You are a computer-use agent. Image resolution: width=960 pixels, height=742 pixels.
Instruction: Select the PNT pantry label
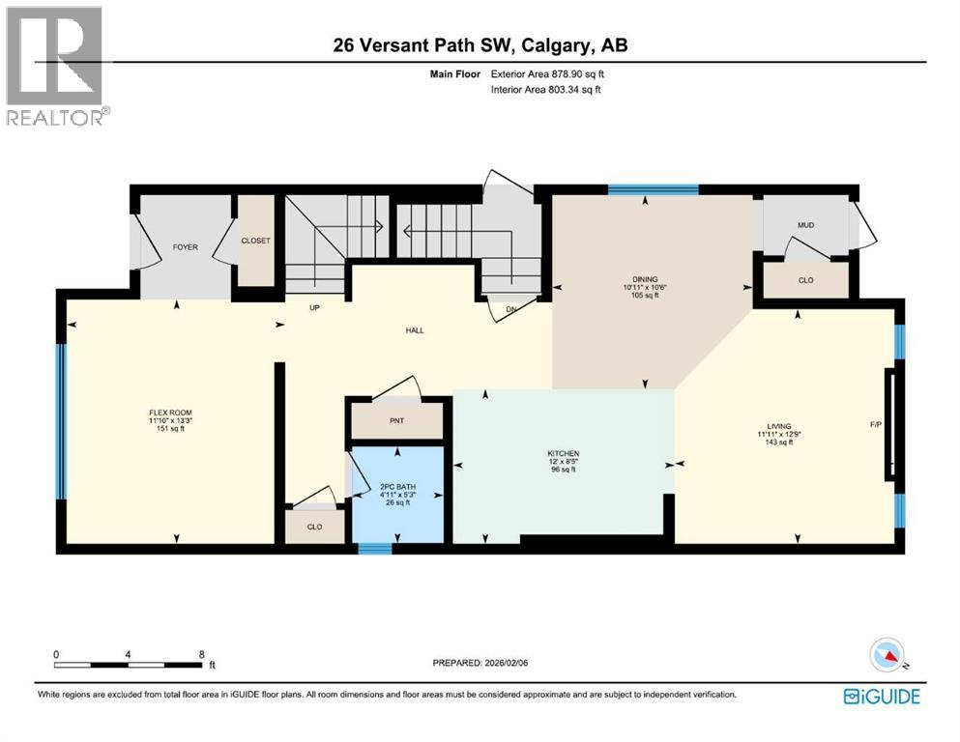coord(397,422)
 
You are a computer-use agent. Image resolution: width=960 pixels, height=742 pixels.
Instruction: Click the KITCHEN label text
coord(562,453)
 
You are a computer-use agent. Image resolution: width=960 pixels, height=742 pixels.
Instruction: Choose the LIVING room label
coord(778,426)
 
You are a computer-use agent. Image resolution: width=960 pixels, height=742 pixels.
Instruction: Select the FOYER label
coord(185,247)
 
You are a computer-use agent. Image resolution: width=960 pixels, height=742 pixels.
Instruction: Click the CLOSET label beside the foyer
coord(255,241)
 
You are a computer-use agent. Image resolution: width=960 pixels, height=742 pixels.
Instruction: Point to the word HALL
coord(415,330)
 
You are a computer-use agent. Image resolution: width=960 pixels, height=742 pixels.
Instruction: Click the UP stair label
coord(313,310)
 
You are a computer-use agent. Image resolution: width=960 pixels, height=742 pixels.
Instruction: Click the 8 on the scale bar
coord(201,654)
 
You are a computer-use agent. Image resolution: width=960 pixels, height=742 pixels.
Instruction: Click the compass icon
coord(887,656)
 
